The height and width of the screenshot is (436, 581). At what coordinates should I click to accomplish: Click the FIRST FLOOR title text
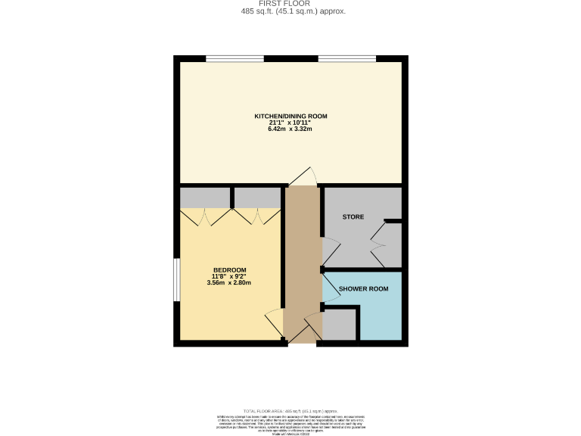click(x=290, y=4)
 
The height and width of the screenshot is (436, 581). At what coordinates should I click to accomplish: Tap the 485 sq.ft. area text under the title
click(x=290, y=11)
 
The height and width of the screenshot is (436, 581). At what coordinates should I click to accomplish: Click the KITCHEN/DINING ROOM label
click(x=290, y=117)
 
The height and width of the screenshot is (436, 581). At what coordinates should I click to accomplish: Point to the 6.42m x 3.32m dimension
click(x=290, y=129)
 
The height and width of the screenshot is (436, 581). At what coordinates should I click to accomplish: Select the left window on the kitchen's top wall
click(x=235, y=58)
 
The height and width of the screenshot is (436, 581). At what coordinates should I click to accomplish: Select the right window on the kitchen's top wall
click(x=347, y=58)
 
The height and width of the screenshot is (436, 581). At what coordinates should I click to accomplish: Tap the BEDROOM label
click(x=229, y=270)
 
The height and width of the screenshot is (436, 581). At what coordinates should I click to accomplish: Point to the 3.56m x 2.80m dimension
click(x=229, y=283)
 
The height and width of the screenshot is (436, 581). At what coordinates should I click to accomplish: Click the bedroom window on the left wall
click(x=176, y=281)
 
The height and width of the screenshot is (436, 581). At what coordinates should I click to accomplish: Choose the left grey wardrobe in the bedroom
click(x=205, y=198)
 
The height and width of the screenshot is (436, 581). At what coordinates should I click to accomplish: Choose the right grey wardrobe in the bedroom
click(x=257, y=198)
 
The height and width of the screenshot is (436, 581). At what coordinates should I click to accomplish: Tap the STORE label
click(x=353, y=217)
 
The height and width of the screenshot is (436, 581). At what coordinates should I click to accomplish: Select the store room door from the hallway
click(x=330, y=250)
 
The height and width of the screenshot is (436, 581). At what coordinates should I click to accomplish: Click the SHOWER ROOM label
click(x=364, y=289)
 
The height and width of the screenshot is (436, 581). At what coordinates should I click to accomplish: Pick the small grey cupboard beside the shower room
click(x=340, y=325)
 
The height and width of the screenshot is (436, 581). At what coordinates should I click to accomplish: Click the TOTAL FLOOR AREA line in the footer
click(x=290, y=410)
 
